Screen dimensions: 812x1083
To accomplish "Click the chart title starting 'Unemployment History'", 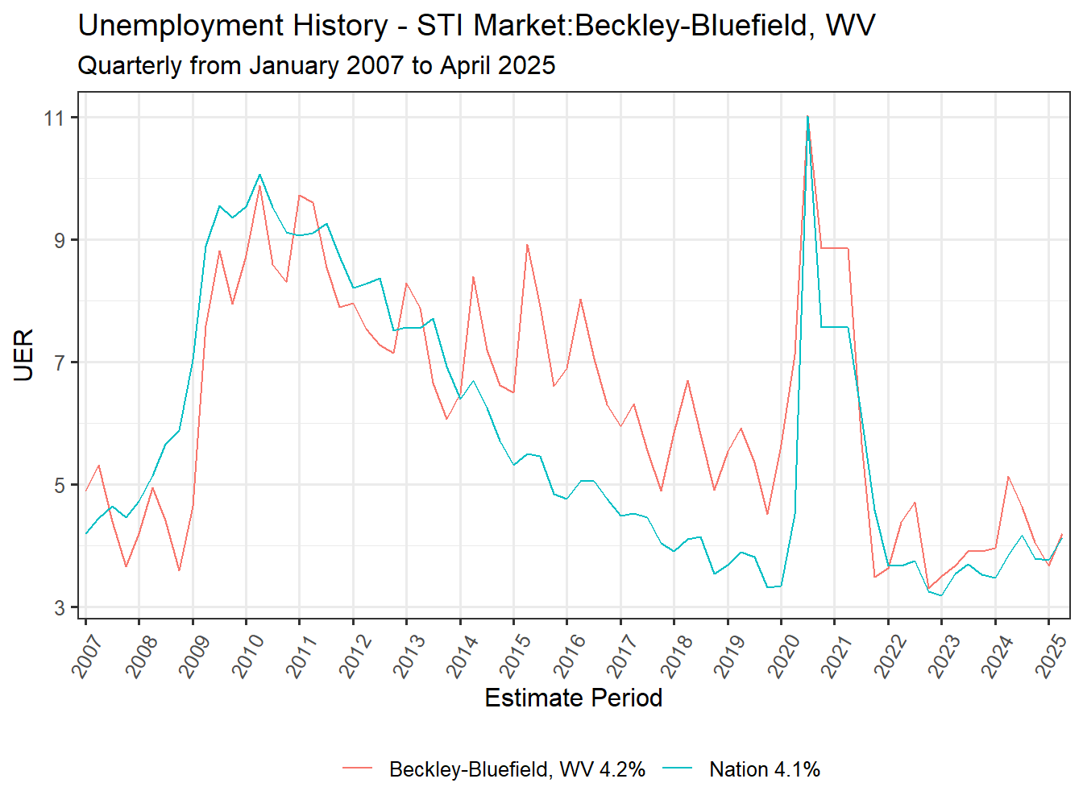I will [x=476, y=27].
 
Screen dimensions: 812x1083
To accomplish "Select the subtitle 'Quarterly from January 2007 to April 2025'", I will [x=316, y=65].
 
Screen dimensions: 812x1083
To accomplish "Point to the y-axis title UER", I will [x=24, y=354].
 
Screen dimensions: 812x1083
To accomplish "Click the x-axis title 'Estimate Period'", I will [x=573, y=698].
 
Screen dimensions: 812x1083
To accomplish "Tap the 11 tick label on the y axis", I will [x=55, y=118].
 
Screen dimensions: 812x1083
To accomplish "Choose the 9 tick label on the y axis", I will [x=60, y=241].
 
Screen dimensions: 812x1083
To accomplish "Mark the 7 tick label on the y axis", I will [x=60, y=363].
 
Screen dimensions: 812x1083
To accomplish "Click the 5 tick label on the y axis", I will [x=60, y=486].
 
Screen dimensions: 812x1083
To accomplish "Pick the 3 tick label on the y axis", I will [x=60, y=608].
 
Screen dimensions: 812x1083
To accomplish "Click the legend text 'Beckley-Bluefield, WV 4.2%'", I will [x=517, y=769].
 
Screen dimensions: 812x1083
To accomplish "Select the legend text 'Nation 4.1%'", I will [x=764, y=769].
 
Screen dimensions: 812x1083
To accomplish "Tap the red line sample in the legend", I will [x=358, y=768].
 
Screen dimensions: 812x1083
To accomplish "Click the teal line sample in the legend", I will [x=678, y=768].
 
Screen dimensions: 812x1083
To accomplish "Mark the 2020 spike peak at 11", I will [x=807, y=117].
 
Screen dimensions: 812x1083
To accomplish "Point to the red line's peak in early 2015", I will [x=527, y=244].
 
